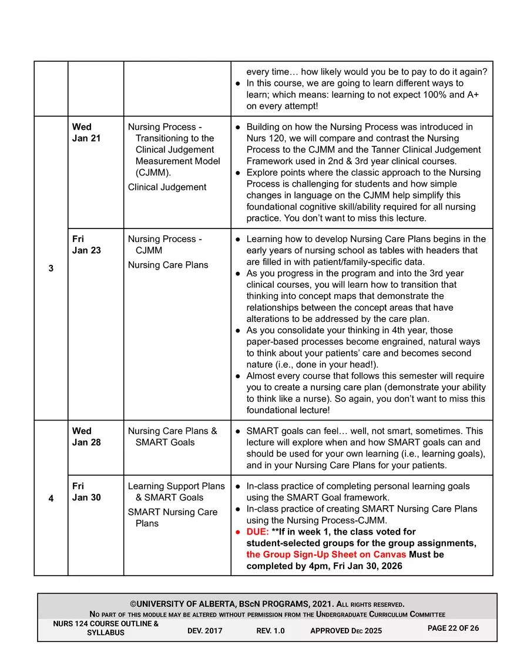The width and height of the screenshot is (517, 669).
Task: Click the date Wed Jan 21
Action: (86, 132)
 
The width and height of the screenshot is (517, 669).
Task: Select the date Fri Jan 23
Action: (86, 244)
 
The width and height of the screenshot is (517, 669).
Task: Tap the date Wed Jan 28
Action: (86, 436)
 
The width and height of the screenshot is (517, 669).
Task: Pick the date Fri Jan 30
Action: (86, 492)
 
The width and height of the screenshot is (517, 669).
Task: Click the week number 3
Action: (51, 268)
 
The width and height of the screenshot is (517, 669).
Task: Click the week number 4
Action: (51, 498)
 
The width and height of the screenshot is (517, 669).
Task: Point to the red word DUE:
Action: (257, 532)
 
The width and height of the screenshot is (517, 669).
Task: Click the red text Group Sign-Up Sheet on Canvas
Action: (326, 554)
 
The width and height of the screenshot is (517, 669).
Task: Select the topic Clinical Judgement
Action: (167, 187)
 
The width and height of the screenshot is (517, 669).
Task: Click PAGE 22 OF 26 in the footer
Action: (453, 628)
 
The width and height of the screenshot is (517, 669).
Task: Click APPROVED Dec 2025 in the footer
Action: (345, 630)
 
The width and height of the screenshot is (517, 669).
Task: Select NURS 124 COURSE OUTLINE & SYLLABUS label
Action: (106, 628)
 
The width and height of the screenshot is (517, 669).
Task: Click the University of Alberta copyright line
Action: (267, 604)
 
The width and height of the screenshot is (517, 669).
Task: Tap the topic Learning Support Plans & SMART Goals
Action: (176, 492)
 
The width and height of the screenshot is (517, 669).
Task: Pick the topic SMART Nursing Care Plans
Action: (173, 517)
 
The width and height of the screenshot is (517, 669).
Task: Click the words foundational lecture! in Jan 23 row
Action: (288, 410)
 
